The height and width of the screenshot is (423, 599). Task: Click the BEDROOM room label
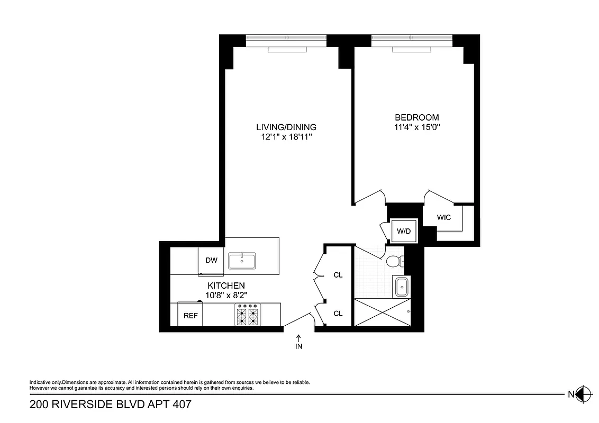(x=417, y=117)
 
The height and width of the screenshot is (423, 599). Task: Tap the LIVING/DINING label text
(x=286, y=127)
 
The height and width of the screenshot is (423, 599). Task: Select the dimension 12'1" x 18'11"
(x=286, y=137)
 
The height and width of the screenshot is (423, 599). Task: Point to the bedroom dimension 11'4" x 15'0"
(x=417, y=127)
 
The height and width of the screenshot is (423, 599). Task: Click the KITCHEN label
(x=225, y=286)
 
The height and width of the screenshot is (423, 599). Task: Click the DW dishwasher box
(x=211, y=260)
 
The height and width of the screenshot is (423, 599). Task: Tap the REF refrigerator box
(x=190, y=315)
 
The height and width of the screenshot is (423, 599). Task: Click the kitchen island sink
(x=242, y=260)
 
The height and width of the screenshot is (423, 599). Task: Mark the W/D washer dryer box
(x=404, y=231)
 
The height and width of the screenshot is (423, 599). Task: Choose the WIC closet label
(x=443, y=217)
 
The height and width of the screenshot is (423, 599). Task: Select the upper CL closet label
(x=338, y=275)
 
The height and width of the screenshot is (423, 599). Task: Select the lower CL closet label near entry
(x=338, y=313)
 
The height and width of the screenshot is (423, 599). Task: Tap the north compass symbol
(x=583, y=393)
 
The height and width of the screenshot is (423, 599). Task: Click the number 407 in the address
(x=179, y=405)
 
